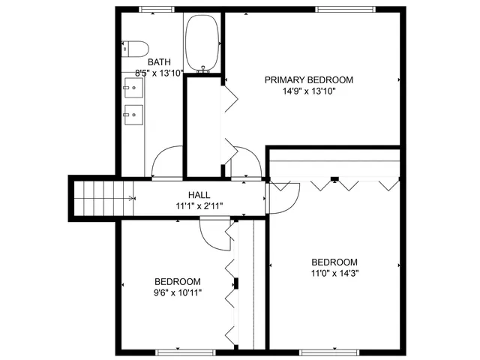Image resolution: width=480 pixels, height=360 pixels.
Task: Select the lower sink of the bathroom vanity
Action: point(133,115)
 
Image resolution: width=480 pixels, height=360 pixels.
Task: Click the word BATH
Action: point(159,62)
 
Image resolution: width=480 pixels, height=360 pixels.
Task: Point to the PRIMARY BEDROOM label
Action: point(308,79)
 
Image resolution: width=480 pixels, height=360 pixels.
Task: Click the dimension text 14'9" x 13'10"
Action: point(308,91)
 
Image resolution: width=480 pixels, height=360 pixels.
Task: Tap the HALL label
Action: point(199,194)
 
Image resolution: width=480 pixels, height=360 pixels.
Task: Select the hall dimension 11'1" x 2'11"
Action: point(199,205)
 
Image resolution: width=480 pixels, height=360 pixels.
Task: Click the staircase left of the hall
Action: point(103,199)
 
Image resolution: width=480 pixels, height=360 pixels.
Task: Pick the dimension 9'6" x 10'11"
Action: point(178,292)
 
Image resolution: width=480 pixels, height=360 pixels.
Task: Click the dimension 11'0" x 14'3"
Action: point(335,273)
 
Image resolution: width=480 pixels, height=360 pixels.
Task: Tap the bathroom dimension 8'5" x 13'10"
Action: point(159,73)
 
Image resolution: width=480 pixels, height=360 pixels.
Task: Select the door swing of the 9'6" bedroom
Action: point(216,236)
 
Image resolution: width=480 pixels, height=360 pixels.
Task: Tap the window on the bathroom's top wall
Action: point(152,10)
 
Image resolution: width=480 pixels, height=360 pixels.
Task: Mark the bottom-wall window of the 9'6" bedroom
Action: point(177,351)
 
